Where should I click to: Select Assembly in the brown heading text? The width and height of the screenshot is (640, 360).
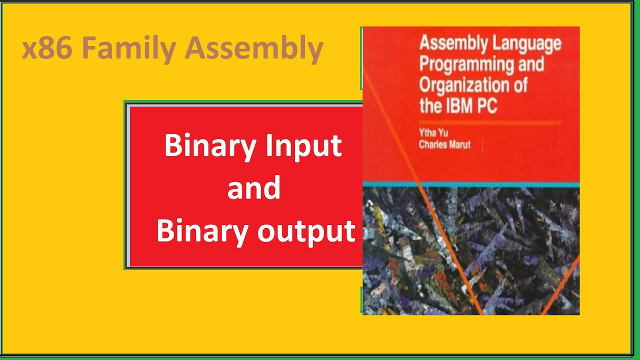tap(254, 49)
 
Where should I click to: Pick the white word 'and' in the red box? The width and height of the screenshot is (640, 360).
tap(254, 188)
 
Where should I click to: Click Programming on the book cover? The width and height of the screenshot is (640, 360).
tap(467, 65)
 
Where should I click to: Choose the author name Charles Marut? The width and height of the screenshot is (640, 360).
tap(444, 145)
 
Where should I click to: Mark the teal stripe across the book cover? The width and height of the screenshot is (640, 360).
tap(470, 185)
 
